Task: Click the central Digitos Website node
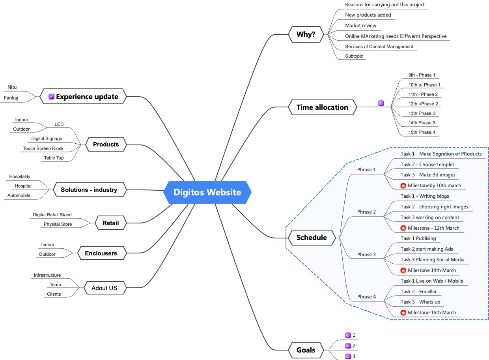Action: point(207,192)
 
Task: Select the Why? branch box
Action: point(306,34)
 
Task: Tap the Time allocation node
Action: point(322,107)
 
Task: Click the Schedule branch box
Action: point(312,237)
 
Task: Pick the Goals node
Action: point(306,350)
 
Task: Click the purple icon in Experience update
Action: point(51,97)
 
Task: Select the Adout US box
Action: point(104,288)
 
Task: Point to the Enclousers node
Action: point(101,253)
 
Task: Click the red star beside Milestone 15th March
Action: point(403,313)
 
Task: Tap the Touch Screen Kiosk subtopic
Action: point(43,148)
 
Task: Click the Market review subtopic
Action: point(360,26)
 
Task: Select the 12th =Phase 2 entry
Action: point(423,104)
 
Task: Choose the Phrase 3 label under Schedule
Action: point(366,254)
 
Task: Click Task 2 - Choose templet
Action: point(427,165)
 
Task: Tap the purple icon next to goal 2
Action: point(348,346)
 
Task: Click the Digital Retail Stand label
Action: point(52,215)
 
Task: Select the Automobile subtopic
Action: point(19,195)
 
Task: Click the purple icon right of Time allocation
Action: point(381,103)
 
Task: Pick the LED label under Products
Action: point(59,124)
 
